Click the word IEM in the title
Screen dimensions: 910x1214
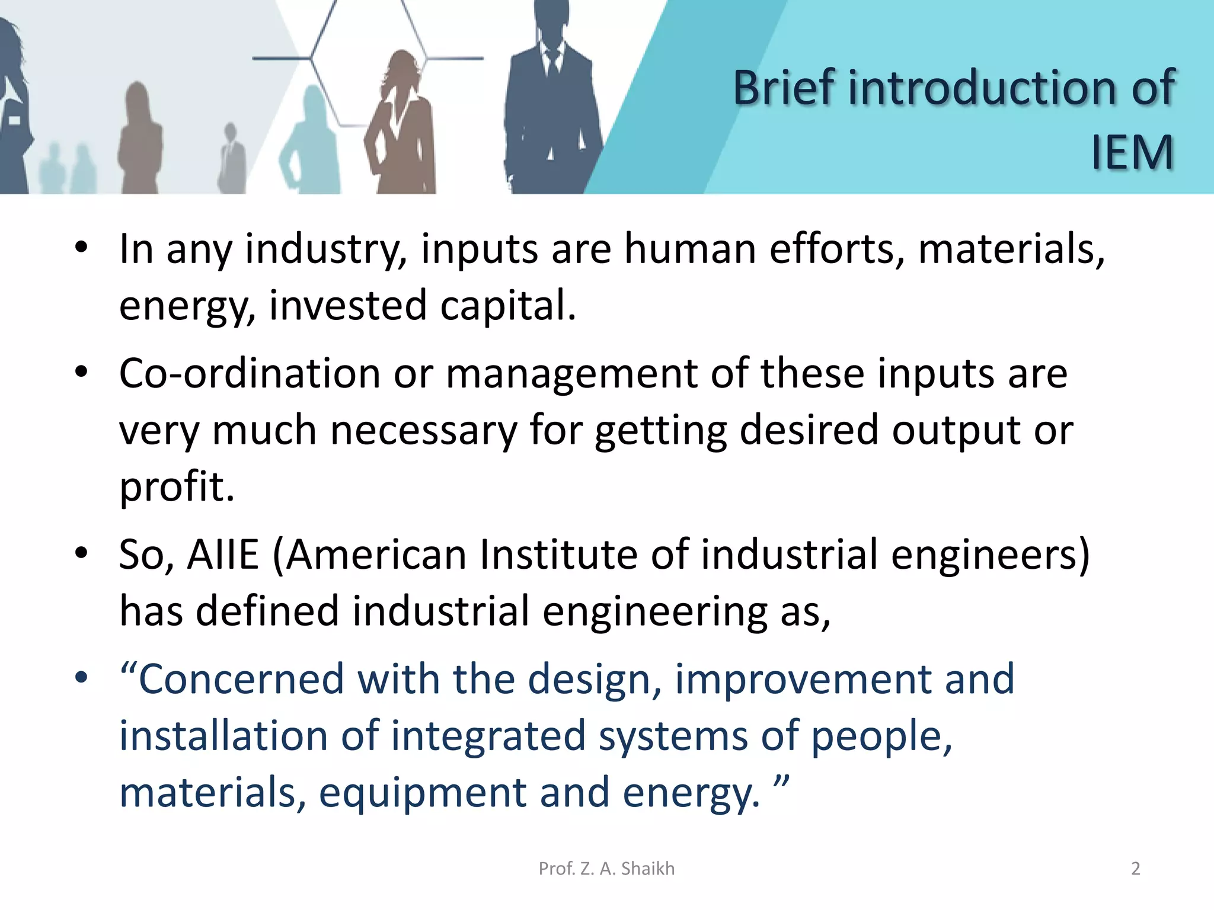point(1132,153)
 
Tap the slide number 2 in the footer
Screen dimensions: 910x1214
point(1135,869)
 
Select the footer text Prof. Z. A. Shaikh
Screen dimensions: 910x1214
point(606,869)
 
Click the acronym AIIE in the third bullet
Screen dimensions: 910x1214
point(223,555)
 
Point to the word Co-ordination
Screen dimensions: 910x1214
point(249,374)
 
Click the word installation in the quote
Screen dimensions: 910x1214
point(223,736)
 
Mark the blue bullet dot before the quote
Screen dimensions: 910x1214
point(82,677)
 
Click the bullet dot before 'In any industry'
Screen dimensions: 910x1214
point(82,247)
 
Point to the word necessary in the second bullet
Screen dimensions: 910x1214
point(423,431)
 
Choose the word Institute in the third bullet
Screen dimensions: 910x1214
point(558,555)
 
